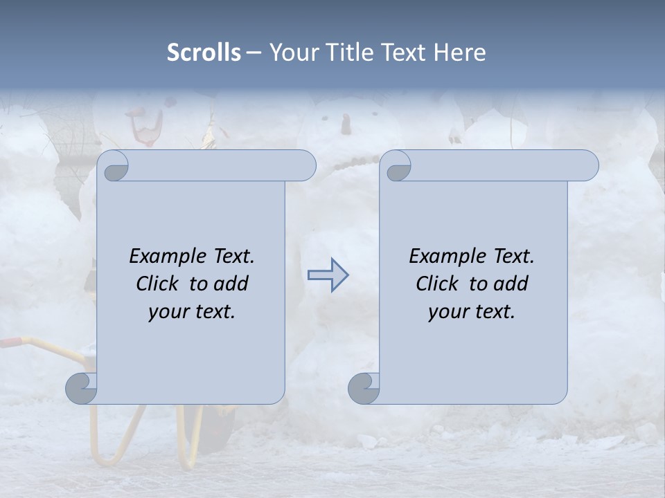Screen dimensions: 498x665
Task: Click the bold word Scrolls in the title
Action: point(204,53)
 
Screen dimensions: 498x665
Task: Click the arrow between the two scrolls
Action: point(328,275)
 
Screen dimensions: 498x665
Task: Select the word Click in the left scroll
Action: point(160,284)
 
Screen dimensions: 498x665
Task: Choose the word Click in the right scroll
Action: point(440,284)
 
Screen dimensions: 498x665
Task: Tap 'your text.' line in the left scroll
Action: point(192,312)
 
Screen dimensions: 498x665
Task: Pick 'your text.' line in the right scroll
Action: point(472,312)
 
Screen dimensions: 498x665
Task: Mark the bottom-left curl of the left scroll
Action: point(80,388)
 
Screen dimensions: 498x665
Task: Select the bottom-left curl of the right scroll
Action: point(363,388)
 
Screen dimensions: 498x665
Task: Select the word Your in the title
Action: point(290,53)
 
